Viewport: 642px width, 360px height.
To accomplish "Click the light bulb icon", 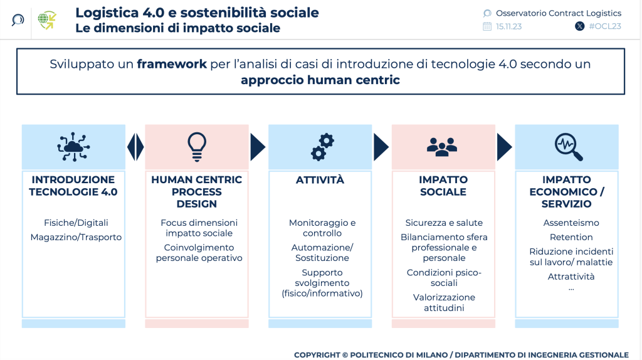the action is tap(197, 147).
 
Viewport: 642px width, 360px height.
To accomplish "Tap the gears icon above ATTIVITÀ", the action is tap(322, 147).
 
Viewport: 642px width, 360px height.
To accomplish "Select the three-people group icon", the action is tap(442, 147).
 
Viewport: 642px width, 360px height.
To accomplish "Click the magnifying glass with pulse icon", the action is tap(568, 147).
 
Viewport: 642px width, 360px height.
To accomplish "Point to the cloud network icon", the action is tap(74, 147).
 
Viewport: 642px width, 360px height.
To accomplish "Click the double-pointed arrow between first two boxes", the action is tap(135, 147).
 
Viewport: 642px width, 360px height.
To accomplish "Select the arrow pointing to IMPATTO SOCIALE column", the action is tap(381, 147).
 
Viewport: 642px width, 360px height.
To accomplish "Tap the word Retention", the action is tap(571, 237).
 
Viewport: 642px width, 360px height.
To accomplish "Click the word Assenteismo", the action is tap(571, 223).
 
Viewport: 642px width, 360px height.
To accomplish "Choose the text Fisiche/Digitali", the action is tap(76, 223).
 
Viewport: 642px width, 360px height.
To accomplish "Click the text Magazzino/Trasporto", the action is tap(76, 237).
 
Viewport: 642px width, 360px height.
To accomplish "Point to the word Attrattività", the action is tap(571, 277).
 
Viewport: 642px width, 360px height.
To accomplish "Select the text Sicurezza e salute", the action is tap(444, 223).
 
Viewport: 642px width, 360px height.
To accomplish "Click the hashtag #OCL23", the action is tap(605, 26).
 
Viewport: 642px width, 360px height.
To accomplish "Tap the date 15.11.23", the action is tap(509, 26).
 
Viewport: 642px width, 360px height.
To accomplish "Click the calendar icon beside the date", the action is tap(487, 26).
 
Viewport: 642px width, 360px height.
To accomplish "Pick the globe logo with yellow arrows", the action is tap(47, 20).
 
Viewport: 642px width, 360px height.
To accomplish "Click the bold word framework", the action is tap(172, 64).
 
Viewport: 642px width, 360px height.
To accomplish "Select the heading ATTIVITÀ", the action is tap(320, 180).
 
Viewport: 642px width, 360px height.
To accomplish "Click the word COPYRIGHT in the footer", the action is tap(317, 355).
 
